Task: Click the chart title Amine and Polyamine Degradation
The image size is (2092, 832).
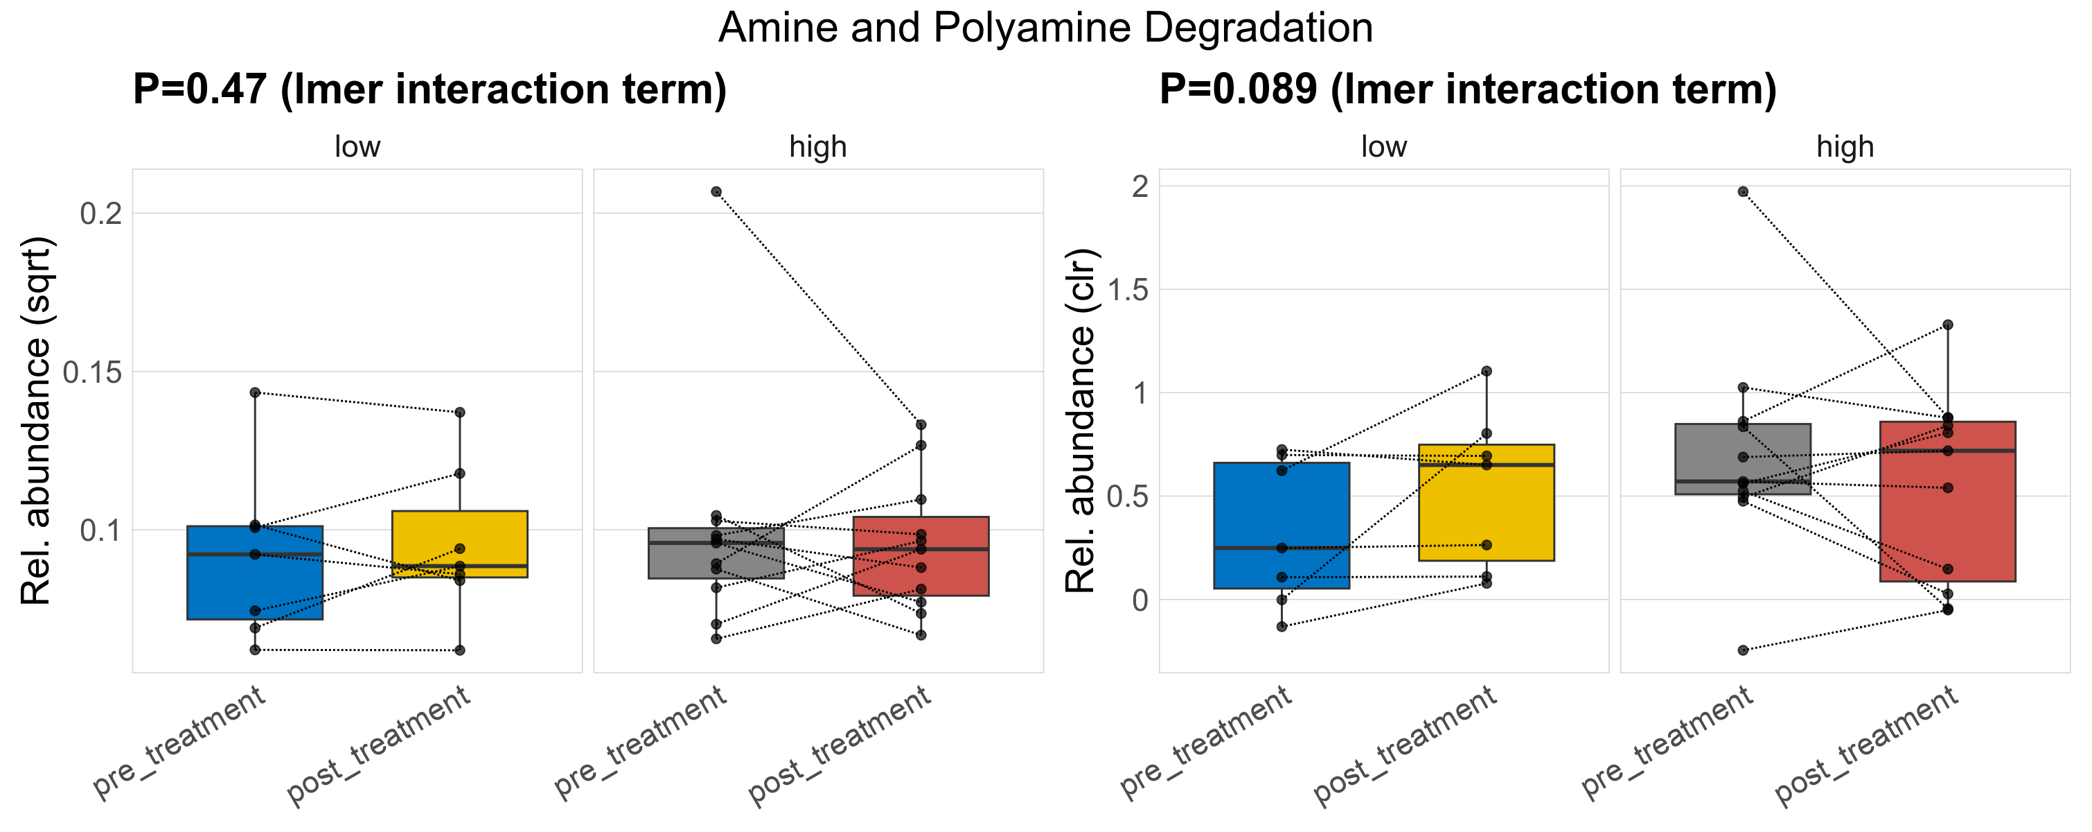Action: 1045,28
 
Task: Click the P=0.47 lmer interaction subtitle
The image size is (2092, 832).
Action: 429,89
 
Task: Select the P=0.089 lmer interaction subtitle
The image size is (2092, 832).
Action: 1467,89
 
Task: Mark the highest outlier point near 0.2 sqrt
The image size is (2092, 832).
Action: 716,192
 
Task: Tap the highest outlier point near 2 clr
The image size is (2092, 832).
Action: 1743,192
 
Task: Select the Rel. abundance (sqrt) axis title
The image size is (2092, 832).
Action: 36,421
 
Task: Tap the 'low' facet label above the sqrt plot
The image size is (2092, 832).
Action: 357,147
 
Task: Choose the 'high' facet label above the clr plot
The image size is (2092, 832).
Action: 1845,147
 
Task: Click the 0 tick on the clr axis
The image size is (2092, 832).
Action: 1140,600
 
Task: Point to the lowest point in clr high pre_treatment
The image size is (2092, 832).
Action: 1743,650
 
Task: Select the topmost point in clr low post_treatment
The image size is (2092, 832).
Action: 1486,372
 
